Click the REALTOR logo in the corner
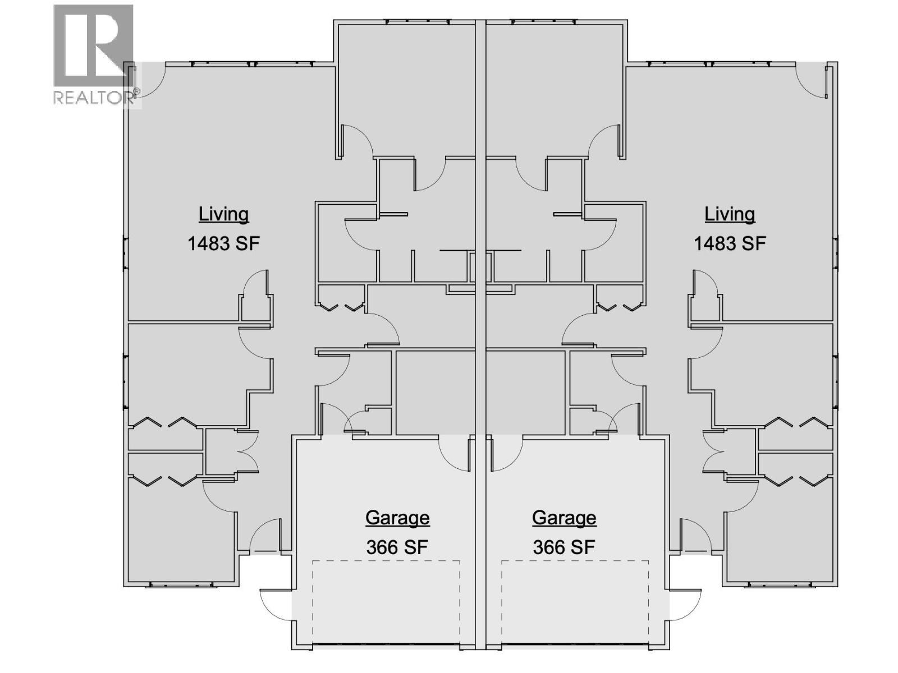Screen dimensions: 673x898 pos(94,54)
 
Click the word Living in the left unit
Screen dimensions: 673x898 pos(223,214)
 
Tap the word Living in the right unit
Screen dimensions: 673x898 pos(730,214)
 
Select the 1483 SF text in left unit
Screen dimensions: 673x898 pos(223,243)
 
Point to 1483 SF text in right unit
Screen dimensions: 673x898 pos(730,243)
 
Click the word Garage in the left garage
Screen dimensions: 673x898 pos(397,517)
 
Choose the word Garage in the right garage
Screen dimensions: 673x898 pos(564,517)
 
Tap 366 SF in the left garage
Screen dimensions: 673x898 pos(397,547)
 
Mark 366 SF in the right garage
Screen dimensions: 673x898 pos(564,547)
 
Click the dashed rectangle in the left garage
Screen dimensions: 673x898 pos(386,603)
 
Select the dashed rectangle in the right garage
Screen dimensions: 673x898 pos(575,603)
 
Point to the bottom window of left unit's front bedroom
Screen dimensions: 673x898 pos(182,585)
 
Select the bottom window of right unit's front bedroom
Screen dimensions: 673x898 pos(780,585)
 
